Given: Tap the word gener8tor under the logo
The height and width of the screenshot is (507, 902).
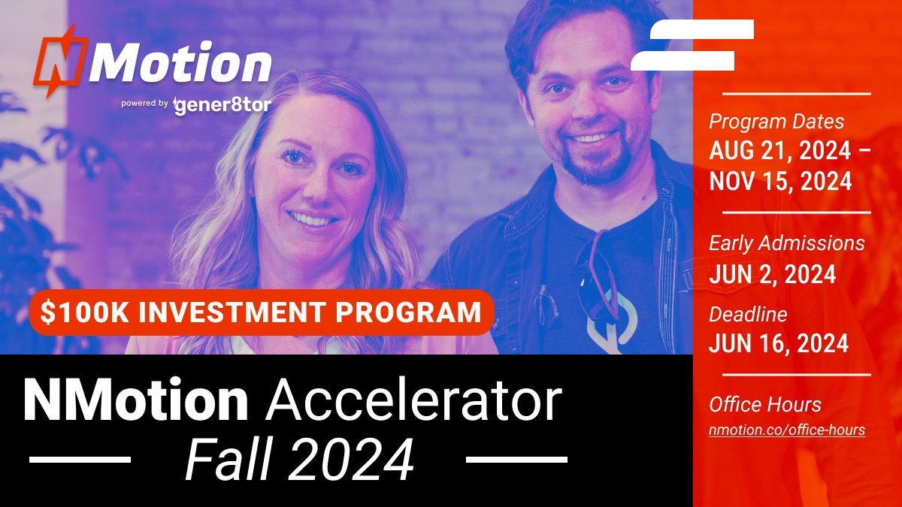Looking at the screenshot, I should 222,105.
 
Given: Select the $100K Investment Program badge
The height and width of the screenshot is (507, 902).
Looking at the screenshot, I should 262,312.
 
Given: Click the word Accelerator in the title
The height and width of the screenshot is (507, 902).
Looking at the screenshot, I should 414,401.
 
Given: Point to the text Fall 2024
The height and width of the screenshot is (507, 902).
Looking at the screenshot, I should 299,459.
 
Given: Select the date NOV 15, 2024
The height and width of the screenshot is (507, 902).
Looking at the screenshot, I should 780,181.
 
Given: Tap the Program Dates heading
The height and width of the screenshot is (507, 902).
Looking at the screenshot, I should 776,122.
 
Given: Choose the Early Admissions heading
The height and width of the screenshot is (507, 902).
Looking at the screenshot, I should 787,243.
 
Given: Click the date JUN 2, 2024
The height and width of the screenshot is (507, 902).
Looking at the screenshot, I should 773,274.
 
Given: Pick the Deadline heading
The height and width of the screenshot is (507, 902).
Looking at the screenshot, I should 748,314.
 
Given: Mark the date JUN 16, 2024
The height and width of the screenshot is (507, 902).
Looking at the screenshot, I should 779,344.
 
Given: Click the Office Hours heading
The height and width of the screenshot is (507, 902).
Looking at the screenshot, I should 765,405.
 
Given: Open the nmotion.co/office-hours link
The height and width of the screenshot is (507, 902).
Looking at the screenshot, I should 787,430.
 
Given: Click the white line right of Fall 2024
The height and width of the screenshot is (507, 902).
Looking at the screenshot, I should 516,458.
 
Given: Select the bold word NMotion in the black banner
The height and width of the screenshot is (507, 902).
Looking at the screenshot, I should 135,401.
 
